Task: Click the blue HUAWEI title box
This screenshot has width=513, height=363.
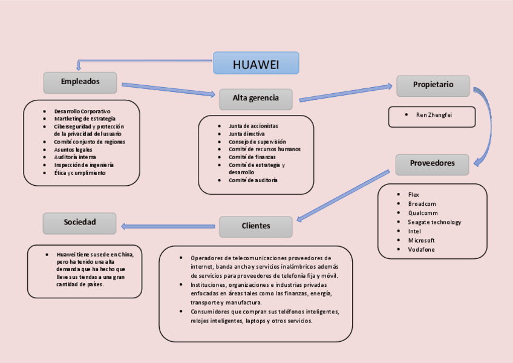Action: click(x=256, y=63)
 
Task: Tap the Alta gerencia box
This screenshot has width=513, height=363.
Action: click(x=255, y=99)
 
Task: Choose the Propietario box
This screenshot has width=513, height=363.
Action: click(x=433, y=85)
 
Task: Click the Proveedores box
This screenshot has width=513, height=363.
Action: click(x=433, y=164)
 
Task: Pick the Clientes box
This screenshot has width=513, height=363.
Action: click(x=255, y=226)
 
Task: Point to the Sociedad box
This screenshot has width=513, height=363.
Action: click(x=80, y=223)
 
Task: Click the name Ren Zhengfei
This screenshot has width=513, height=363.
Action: click(x=434, y=115)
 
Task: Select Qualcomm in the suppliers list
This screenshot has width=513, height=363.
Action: click(x=423, y=213)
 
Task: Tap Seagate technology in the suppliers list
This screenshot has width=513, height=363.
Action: click(x=434, y=222)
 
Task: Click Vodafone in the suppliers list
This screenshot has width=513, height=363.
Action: click(x=421, y=249)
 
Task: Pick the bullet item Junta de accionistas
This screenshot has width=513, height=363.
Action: click(x=253, y=126)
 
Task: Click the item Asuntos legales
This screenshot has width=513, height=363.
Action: click(x=73, y=149)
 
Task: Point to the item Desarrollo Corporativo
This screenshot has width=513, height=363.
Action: click(x=82, y=111)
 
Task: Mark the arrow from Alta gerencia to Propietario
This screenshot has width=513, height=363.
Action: click(x=345, y=93)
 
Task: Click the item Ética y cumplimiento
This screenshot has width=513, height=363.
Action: click(x=80, y=173)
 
